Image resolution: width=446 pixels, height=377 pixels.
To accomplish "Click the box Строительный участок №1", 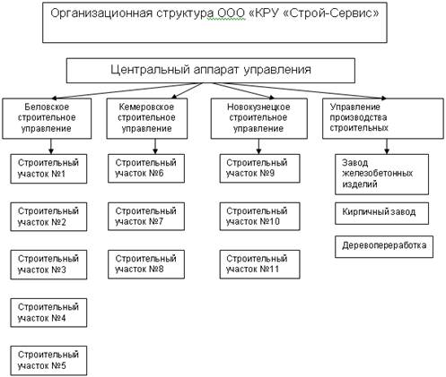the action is point(48,168).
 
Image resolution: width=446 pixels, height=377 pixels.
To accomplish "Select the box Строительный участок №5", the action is point(48,361).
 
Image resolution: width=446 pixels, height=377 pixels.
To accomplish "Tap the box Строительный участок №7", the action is point(146,217).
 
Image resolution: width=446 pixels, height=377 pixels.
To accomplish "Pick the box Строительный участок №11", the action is point(259,264).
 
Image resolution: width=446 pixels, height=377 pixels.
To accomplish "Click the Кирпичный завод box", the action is point(381,213).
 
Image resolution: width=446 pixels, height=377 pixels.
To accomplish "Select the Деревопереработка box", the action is point(384,246).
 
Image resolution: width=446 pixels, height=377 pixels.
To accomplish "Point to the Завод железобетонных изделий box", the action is point(381,175).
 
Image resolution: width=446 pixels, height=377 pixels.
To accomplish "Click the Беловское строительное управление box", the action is point(47,118).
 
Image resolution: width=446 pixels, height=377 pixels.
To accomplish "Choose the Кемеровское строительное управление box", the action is point(147,118).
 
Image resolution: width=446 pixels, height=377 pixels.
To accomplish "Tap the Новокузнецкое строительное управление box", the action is point(259,118).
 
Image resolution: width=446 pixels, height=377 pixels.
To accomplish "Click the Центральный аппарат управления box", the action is point(211,71).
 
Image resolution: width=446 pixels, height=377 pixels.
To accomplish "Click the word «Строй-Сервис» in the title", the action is point(331,13).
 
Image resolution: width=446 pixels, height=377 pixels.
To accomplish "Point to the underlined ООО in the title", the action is point(231,13).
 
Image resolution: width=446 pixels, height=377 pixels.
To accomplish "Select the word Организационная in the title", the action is point(101,14).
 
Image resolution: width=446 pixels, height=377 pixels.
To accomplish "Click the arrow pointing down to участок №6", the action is point(155,147).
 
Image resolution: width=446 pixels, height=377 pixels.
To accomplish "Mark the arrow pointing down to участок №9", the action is point(258,147).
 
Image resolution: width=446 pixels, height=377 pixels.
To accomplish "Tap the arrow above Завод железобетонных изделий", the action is point(387,147).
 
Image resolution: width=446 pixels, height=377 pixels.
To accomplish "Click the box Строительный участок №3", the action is point(48,265).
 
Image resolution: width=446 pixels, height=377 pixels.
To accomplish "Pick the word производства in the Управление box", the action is point(358,117).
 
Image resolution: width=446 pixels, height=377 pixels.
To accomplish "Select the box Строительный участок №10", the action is point(259,217).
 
